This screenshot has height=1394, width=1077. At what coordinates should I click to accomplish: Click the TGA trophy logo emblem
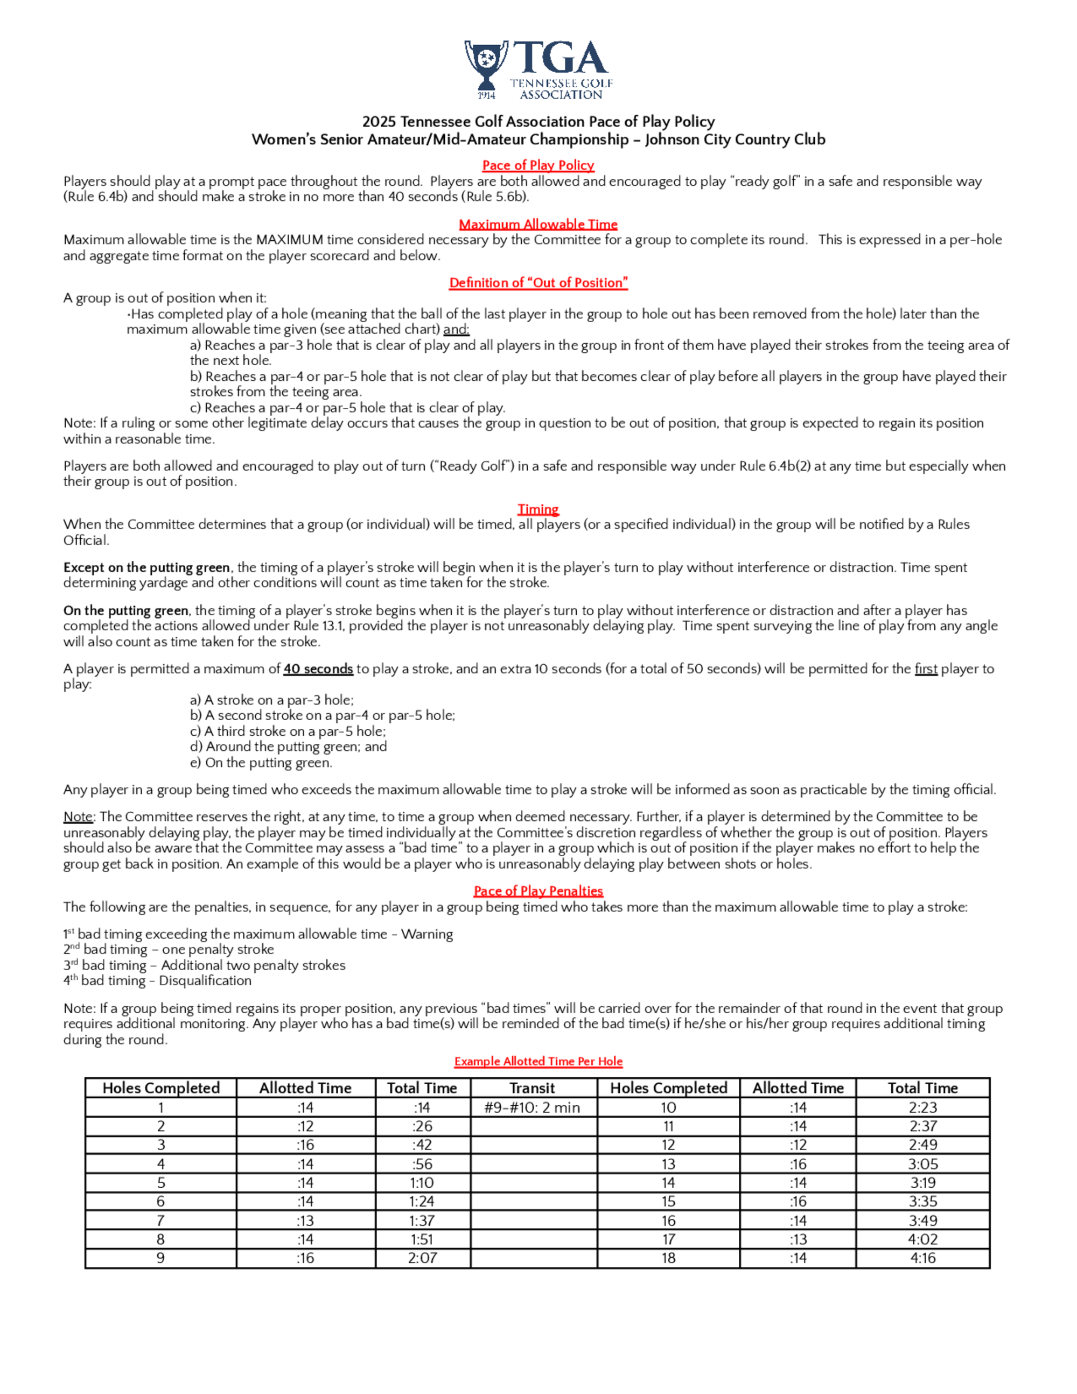486,68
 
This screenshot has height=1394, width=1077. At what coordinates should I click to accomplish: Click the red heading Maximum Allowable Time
538,224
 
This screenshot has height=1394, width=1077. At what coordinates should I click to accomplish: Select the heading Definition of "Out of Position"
538,283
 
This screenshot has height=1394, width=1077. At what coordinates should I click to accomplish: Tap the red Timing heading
538,508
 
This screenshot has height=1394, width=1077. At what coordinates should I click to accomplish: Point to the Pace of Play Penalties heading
538,890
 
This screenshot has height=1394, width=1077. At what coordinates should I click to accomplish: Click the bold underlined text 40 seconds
318,669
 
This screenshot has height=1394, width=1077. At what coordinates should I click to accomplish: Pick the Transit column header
532,1088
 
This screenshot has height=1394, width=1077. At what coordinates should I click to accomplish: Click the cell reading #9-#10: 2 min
532,1107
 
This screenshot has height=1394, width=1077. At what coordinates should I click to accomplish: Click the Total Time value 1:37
422,1221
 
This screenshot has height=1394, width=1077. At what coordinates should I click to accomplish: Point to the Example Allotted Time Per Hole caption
538,1061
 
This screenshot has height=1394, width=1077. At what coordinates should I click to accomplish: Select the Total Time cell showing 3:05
922,1163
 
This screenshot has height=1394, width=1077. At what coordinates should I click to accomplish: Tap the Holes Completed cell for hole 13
668,1163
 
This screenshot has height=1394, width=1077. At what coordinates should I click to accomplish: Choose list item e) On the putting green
261,763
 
